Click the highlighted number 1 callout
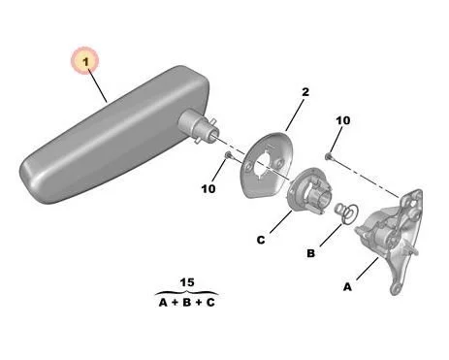(x=85, y=60)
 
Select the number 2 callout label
(x=305, y=92)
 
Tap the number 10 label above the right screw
(x=343, y=120)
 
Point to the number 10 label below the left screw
(x=208, y=189)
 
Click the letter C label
(x=261, y=240)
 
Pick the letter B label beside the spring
(x=310, y=253)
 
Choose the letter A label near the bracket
(x=347, y=287)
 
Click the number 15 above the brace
(x=187, y=282)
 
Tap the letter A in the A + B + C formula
(x=163, y=303)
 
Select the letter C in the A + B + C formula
(x=210, y=303)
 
